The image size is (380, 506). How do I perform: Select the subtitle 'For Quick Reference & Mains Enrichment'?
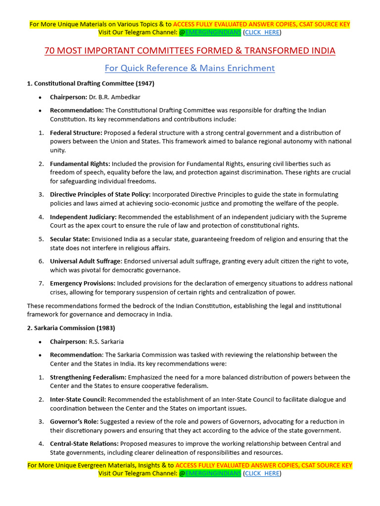(190, 68)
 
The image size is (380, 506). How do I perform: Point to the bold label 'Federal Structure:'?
(76, 132)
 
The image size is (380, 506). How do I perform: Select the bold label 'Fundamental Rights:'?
(80, 164)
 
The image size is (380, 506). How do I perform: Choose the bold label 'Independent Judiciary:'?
(83, 216)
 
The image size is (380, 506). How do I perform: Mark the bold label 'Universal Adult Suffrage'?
(85, 261)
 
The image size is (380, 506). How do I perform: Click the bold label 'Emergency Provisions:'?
(83, 283)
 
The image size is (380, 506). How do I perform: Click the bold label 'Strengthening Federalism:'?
(88, 377)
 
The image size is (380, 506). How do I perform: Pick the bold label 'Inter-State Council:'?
(78, 399)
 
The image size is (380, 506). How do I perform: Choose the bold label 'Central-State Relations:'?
(84, 444)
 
